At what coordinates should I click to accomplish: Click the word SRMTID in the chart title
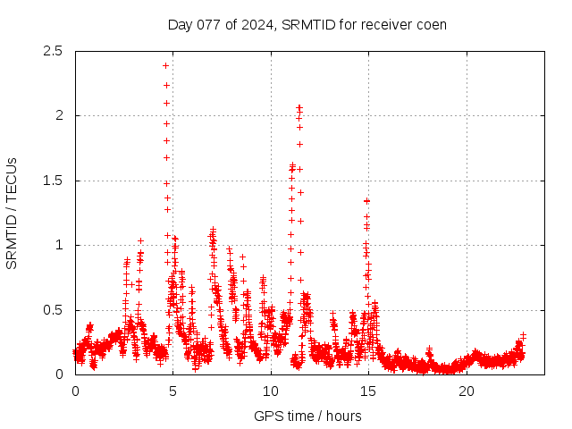pyautogui.click(x=305, y=24)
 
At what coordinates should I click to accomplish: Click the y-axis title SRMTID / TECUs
pyautogui.click(x=12, y=213)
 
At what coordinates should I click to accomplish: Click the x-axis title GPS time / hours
pyautogui.click(x=307, y=416)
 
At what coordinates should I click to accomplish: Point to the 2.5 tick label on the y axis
pyautogui.click(x=56, y=51)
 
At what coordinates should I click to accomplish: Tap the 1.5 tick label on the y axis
pyautogui.click(x=56, y=181)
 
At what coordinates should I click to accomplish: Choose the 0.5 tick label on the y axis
pyautogui.click(x=56, y=310)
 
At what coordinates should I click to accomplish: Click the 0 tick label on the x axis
pyautogui.click(x=75, y=391)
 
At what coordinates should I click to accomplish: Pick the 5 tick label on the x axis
pyautogui.click(x=173, y=391)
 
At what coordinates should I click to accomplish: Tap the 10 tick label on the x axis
pyautogui.click(x=271, y=391)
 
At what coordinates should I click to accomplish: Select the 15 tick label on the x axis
pyautogui.click(x=369, y=391)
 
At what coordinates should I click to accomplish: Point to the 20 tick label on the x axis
pyautogui.click(x=467, y=391)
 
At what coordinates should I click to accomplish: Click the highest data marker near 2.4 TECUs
pyautogui.click(x=165, y=65)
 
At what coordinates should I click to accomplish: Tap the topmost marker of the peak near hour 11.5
pyautogui.click(x=299, y=107)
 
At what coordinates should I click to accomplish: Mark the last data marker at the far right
pyautogui.click(x=523, y=336)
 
